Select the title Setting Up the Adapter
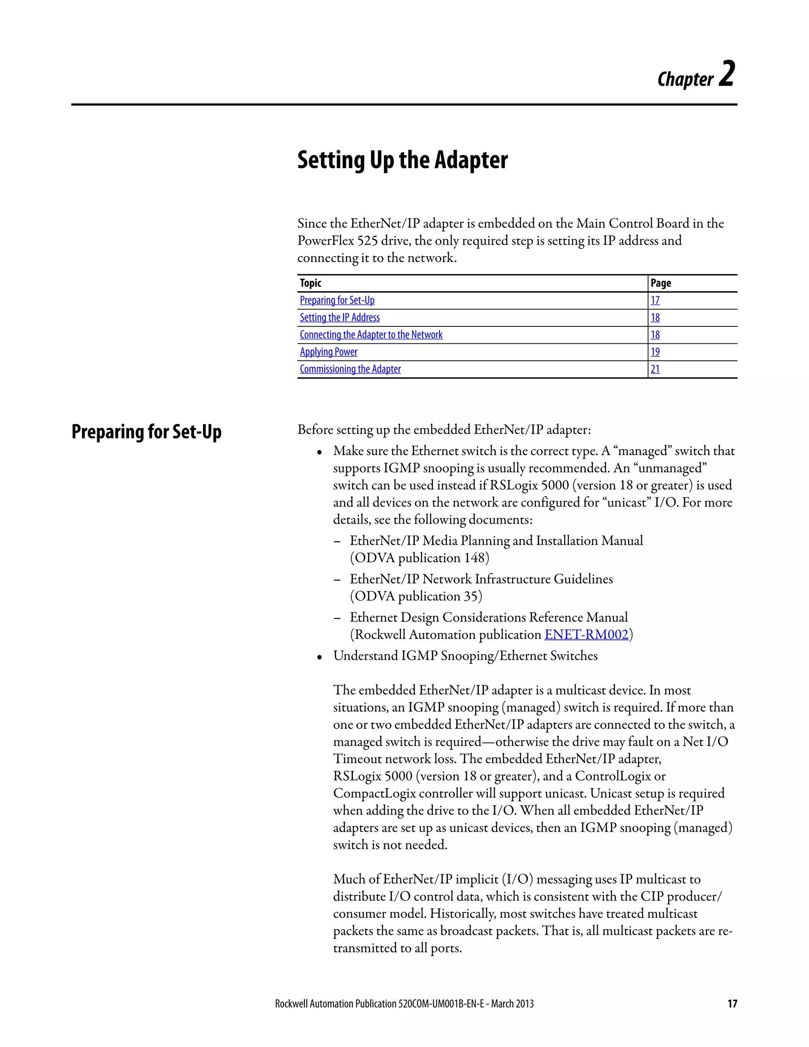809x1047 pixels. (402, 160)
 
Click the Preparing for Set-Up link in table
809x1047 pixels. (337, 301)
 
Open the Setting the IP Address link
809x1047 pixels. (339, 318)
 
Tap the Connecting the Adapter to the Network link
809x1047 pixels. (371, 335)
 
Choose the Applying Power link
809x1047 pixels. (328, 352)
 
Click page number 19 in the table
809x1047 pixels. (655, 352)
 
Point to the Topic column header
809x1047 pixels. (310, 283)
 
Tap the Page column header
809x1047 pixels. (660, 283)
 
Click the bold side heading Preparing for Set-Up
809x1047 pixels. (146, 432)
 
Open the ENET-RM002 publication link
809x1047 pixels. (586, 635)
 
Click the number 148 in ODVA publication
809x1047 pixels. (474, 558)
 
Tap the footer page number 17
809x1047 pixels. (732, 1004)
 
